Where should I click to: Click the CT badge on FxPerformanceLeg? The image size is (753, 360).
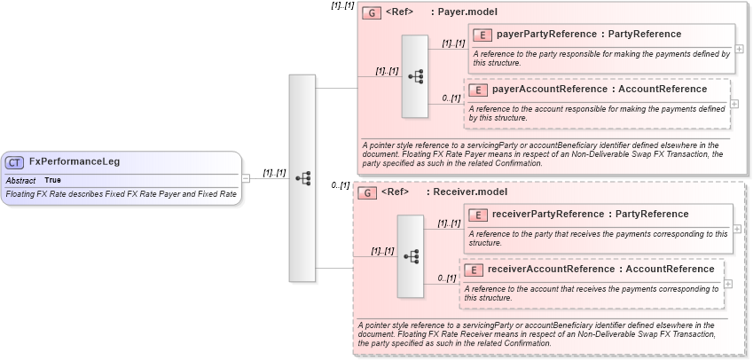point(15,162)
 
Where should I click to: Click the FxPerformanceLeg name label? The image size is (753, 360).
point(75,162)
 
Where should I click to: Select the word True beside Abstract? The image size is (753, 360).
point(53,180)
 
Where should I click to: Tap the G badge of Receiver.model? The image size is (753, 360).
point(366,192)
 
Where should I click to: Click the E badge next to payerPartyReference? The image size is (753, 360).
point(482,35)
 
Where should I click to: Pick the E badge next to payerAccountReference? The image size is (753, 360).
point(477,90)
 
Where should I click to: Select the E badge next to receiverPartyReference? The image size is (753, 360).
point(477,215)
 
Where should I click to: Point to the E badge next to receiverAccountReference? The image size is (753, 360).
point(473,270)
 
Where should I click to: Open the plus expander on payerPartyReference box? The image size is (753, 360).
point(739,50)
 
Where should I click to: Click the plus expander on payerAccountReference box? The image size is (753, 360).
point(735,105)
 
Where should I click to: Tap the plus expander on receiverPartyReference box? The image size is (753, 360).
point(739,230)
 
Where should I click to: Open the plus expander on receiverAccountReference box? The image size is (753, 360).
point(728,284)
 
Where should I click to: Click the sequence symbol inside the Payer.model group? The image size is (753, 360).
point(415,77)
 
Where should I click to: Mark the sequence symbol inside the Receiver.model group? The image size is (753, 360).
point(411,256)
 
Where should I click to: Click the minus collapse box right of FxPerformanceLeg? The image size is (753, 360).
point(246,178)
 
